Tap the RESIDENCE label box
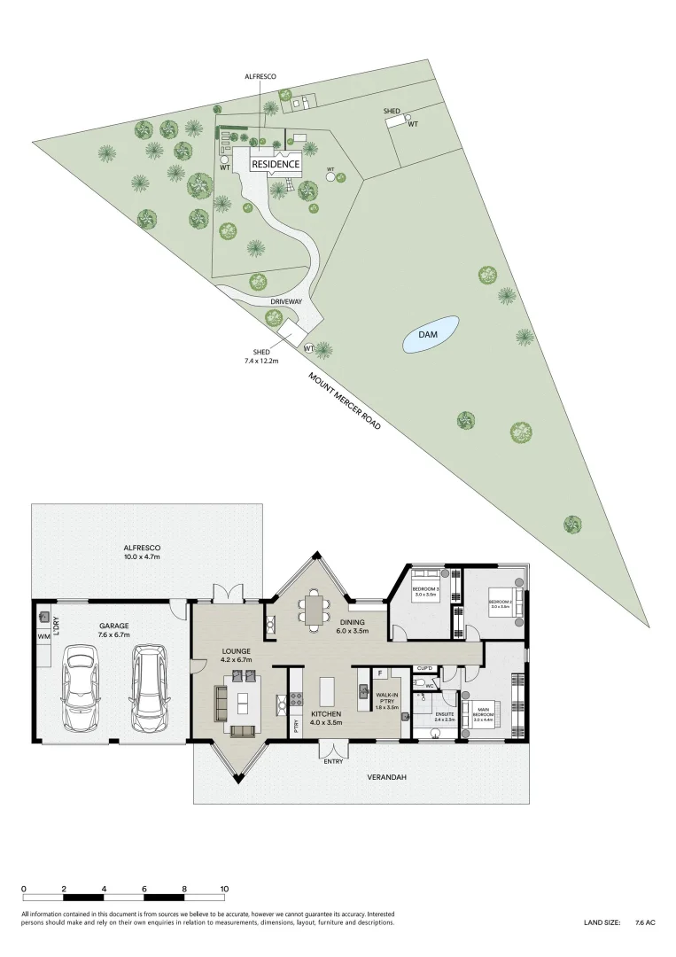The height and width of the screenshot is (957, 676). point(276,165)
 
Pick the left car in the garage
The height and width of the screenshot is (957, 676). point(81,690)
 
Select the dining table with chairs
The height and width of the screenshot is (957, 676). point(315,607)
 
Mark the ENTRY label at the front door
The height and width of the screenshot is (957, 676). point(333,761)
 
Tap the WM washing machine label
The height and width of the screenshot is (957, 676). point(43,636)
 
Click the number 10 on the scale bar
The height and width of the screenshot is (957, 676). point(224,889)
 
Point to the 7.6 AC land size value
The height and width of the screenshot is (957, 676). point(645,923)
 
